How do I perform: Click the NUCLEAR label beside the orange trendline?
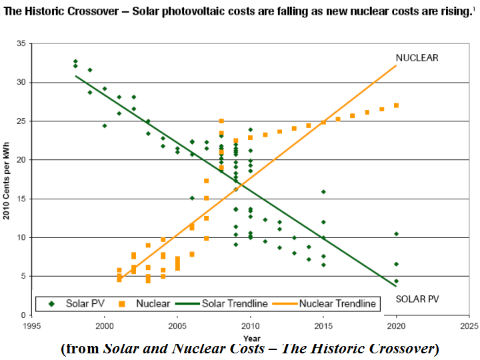pos(417,58)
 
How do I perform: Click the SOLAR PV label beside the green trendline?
pos(417,298)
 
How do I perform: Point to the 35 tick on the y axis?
pos(21,43)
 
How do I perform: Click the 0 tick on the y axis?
pos(23,315)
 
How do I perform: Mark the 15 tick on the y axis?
pos(21,199)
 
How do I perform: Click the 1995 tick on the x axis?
pos(31,327)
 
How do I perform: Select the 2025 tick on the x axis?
pos(469,327)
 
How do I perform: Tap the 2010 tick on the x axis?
pos(250,327)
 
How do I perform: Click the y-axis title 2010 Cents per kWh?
pos(7,179)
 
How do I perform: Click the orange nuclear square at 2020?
pos(396,105)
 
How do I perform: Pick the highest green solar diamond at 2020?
pos(396,234)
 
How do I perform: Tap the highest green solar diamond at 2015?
pos(323,192)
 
